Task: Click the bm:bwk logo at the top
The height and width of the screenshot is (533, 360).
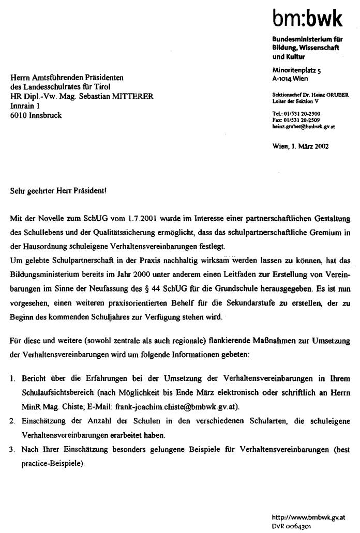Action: click(x=308, y=19)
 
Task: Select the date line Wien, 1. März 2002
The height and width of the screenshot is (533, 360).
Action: click(x=300, y=146)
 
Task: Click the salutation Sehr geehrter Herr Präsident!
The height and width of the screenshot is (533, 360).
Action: click(x=58, y=190)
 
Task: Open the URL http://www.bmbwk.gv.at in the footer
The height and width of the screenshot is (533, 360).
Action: click(x=308, y=517)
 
